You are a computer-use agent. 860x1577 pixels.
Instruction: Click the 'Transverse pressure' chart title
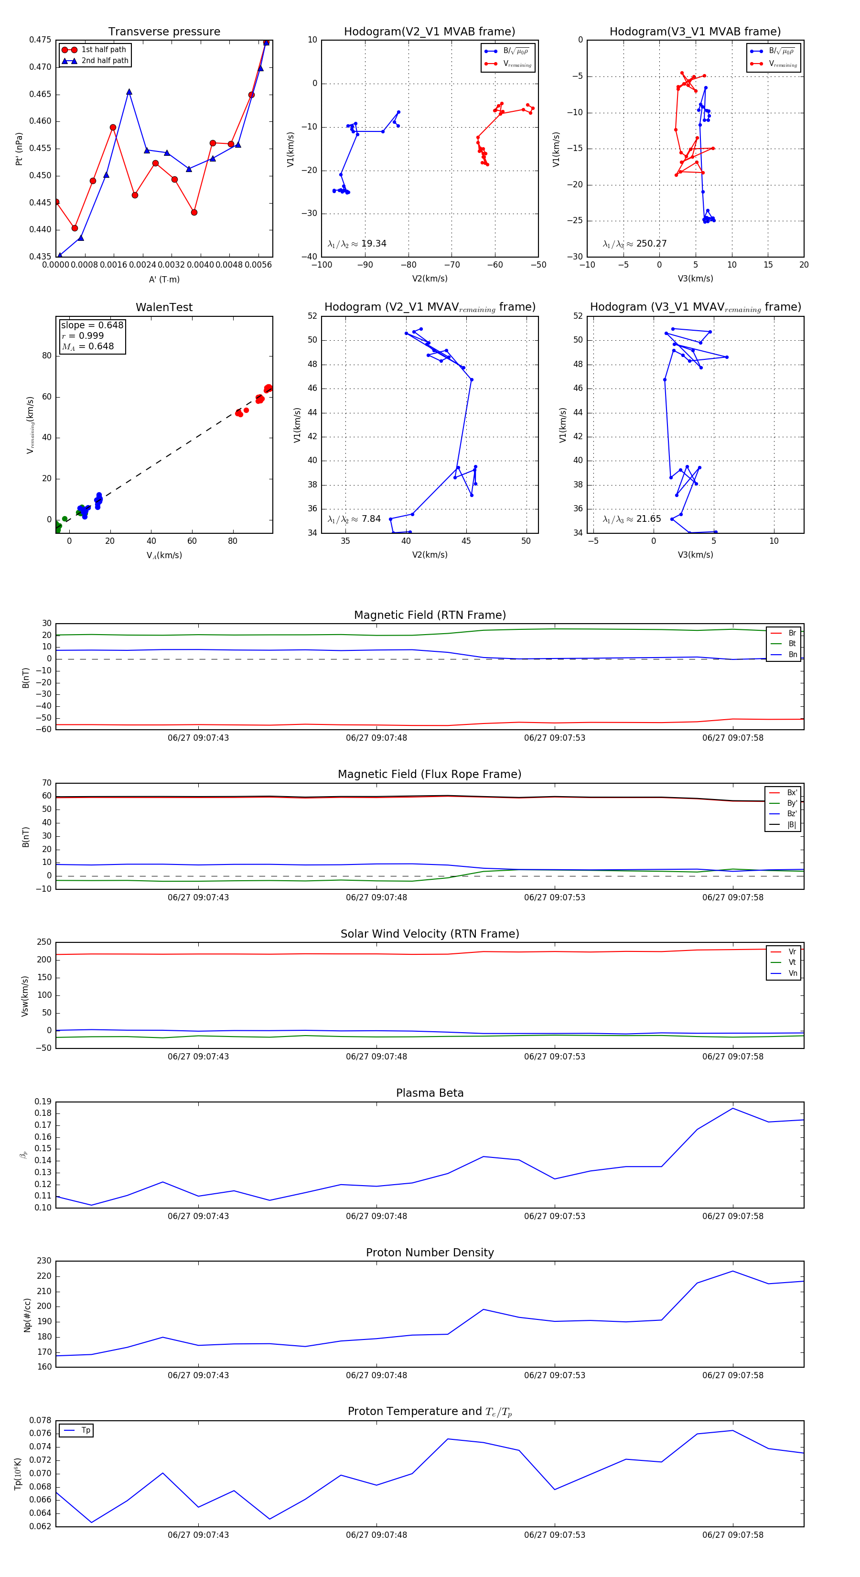164,32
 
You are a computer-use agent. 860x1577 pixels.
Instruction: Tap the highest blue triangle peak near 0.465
129,92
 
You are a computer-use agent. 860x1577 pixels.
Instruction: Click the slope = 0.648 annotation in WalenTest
92,325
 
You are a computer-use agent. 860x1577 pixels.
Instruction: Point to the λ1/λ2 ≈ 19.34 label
357,244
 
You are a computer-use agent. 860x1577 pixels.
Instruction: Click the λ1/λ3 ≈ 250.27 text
635,244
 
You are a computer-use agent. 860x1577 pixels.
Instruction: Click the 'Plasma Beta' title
430,1093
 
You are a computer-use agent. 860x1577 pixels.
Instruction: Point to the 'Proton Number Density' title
430,1252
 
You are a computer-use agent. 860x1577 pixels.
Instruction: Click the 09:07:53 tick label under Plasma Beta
554,1215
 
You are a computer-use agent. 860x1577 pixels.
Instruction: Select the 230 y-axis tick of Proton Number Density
44,1261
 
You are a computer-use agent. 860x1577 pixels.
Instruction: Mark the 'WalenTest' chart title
164,307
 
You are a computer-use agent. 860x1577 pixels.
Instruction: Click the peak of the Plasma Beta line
733,1108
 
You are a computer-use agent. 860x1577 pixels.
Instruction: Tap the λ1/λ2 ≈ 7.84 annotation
355,519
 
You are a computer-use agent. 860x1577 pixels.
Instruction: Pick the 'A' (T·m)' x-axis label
164,279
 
